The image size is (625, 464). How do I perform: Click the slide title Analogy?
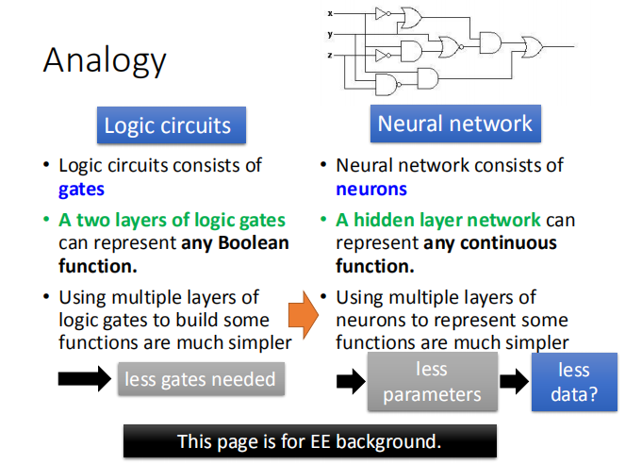[x=105, y=60]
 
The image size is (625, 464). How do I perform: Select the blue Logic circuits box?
[x=167, y=125]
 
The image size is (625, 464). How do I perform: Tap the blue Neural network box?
[x=454, y=124]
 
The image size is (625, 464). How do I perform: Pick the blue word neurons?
[x=371, y=189]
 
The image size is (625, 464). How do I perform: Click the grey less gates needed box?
[x=200, y=380]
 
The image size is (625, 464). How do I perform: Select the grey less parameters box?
[x=432, y=381]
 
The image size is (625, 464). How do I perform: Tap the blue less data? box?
[x=573, y=382]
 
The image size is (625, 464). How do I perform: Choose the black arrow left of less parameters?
[x=350, y=382]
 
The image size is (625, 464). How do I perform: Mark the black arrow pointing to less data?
[x=513, y=382]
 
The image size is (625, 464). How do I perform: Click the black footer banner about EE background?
[x=309, y=440]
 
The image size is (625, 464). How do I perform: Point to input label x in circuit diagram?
[x=330, y=14]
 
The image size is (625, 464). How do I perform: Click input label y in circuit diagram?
[x=330, y=35]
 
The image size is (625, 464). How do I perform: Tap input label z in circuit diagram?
[x=330, y=56]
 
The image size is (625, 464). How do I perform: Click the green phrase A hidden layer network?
[x=438, y=221]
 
